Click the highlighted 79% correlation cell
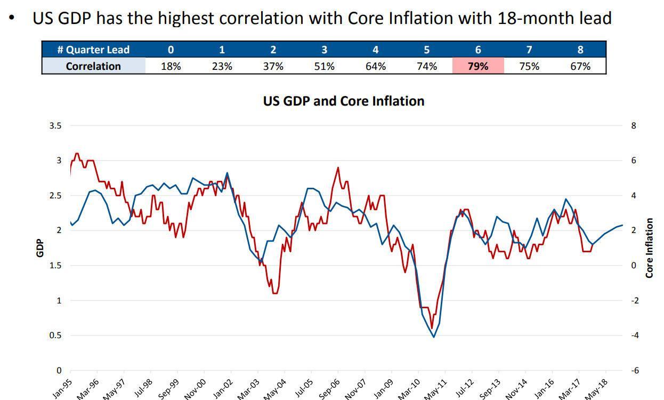coord(477,66)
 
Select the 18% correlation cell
coord(171,66)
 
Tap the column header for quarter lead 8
coord(580,50)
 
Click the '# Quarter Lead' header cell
coord(93,50)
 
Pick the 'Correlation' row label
coord(93,66)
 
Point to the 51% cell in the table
coord(324,66)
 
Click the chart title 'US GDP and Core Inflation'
coord(344,101)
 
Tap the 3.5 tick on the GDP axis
coord(55,126)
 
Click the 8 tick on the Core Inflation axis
coord(633,126)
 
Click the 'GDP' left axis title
coord(40,248)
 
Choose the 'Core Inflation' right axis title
coord(649,248)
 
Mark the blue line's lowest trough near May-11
coord(434,337)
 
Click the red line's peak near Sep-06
coord(338,167)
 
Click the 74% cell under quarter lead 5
coord(426,66)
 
